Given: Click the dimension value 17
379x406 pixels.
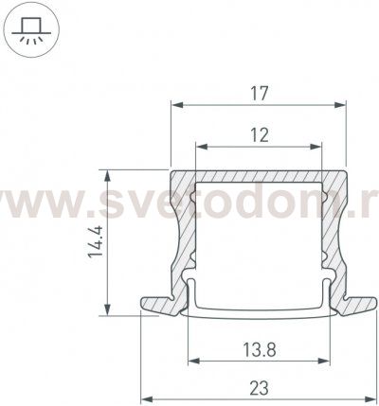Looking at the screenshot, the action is (260, 94).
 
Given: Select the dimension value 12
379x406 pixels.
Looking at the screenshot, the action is (260, 135).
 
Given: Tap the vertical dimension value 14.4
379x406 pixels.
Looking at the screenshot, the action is (96, 241).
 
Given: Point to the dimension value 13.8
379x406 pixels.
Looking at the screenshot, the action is (260, 350).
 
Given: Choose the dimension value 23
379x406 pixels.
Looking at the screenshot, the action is (259, 388).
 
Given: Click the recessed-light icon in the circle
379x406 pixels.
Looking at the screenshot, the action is (31, 30).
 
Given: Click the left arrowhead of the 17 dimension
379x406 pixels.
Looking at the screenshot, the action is (177, 105).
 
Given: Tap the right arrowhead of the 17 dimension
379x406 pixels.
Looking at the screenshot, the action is (340, 105).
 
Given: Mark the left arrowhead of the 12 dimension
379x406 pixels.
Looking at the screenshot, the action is (202, 147).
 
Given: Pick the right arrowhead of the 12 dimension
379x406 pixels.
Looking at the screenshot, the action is (316, 147).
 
